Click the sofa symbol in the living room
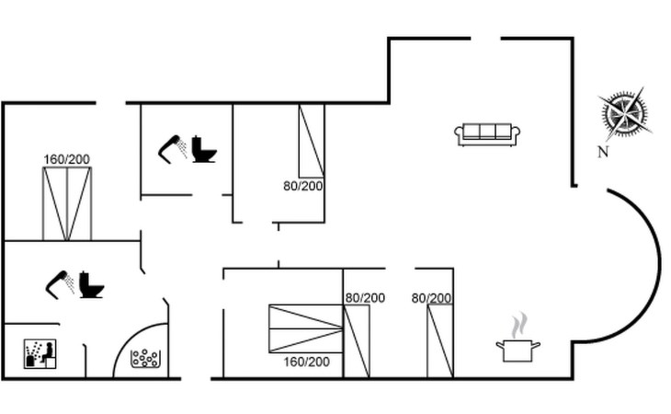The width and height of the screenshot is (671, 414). (487, 134)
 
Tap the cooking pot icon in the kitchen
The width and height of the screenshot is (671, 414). (517, 351)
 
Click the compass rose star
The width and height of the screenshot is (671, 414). (625, 113)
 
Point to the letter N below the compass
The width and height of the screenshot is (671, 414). (603, 152)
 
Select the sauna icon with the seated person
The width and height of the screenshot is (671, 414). (40, 353)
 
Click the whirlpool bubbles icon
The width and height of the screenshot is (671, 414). (145, 359)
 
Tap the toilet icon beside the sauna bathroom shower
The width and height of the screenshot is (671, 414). (91, 284)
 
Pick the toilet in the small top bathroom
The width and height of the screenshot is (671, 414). (204, 149)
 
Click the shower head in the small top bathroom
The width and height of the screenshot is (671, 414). (173, 149)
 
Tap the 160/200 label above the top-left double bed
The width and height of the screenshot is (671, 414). (67, 159)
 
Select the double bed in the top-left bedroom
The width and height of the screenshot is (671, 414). (67, 204)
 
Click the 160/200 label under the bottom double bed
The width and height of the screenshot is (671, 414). (306, 362)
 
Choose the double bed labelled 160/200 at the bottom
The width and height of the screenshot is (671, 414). (306, 328)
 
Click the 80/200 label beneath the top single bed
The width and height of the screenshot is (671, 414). (303, 186)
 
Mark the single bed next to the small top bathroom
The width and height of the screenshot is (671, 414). (311, 141)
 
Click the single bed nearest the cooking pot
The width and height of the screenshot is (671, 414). (440, 341)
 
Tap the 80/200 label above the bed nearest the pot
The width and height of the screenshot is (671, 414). (431, 298)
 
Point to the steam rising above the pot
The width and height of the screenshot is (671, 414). (518, 326)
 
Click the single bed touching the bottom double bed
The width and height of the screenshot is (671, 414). (357, 341)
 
